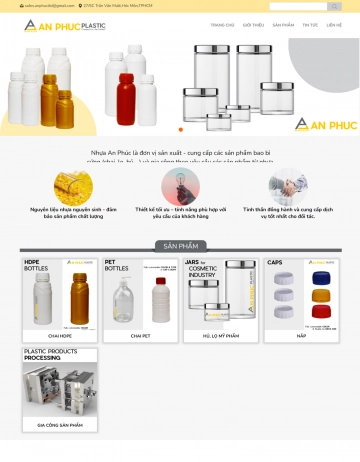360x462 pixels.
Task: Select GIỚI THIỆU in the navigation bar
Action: click(253, 25)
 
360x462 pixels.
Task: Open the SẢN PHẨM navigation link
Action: click(283, 25)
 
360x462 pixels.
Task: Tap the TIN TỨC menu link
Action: click(310, 25)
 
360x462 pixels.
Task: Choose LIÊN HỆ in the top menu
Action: click(333, 25)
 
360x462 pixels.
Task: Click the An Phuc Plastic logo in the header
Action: click(65, 25)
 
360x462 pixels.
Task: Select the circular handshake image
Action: click(288, 186)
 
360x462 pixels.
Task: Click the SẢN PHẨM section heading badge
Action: click(180, 245)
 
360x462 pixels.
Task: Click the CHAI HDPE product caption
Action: click(59, 336)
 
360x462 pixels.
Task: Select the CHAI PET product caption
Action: click(140, 336)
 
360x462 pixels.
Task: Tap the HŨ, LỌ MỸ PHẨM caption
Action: click(220, 336)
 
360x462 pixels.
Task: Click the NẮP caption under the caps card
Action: click(302, 336)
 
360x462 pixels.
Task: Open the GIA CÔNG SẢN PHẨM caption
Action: click(59, 425)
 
